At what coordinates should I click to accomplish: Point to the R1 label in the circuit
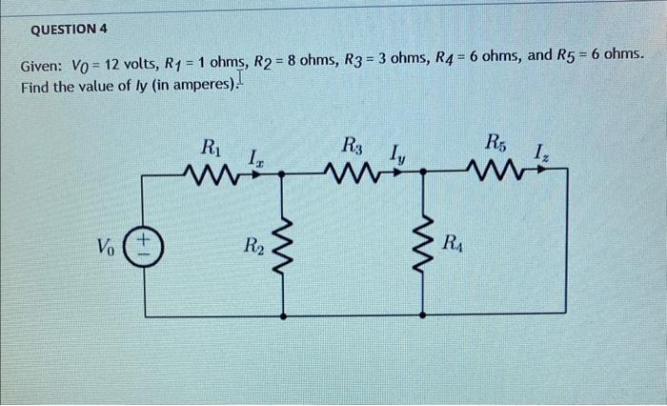point(210,148)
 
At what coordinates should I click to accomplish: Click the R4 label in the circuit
point(454,242)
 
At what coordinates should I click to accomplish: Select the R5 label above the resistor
point(495,144)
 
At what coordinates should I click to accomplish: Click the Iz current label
point(540,151)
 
